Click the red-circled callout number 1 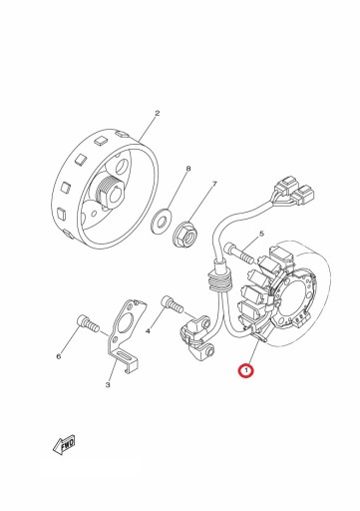coord(246,370)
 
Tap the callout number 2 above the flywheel coord(158,113)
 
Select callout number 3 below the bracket coord(108,385)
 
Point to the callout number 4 coord(148,330)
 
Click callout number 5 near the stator coord(261,234)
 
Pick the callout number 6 coord(59,356)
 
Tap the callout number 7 coord(214,184)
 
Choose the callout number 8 coord(188,169)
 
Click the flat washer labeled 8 coord(161,220)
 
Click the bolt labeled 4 coord(172,304)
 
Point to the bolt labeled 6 coord(88,323)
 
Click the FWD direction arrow coord(64,444)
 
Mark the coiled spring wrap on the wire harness coord(217,280)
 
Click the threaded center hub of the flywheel coord(110,193)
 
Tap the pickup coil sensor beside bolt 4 coord(196,337)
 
